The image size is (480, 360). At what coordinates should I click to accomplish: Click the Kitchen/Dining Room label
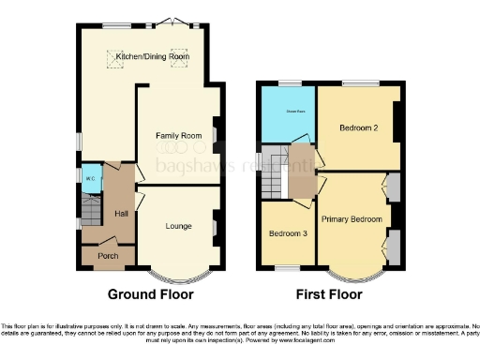pos(152,57)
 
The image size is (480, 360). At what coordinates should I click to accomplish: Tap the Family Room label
pos(178,136)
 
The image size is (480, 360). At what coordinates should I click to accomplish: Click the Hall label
pos(121,214)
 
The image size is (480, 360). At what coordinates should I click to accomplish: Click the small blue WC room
pos(90,179)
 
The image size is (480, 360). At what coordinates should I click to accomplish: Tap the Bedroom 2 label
pos(358,128)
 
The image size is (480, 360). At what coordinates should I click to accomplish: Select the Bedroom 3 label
pos(287,232)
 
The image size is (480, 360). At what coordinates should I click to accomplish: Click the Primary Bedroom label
pos(352,218)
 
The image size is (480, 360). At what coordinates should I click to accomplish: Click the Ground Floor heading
pos(151,293)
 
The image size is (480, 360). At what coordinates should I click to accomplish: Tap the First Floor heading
pos(328,293)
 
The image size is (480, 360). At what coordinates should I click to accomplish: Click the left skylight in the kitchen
pos(117,55)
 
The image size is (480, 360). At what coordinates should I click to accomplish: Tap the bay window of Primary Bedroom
pos(354,276)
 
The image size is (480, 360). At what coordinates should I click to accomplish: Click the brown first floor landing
pos(302,169)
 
